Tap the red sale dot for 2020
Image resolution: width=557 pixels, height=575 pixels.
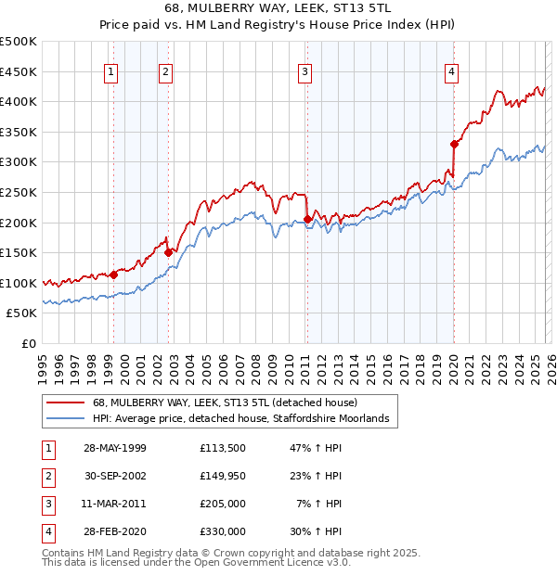(454, 144)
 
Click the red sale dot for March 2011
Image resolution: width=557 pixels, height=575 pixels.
(307, 220)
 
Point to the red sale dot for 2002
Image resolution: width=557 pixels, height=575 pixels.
(169, 252)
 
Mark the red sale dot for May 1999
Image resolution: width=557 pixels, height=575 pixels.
(113, 275)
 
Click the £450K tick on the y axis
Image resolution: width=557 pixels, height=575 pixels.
(19, 71)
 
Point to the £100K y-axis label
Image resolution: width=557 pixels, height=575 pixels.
(19, 283)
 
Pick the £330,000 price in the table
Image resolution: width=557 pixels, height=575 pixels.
(223, 532)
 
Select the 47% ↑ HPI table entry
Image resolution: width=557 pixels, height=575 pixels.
(317, 448)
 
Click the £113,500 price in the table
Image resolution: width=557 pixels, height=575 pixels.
(223, 448)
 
